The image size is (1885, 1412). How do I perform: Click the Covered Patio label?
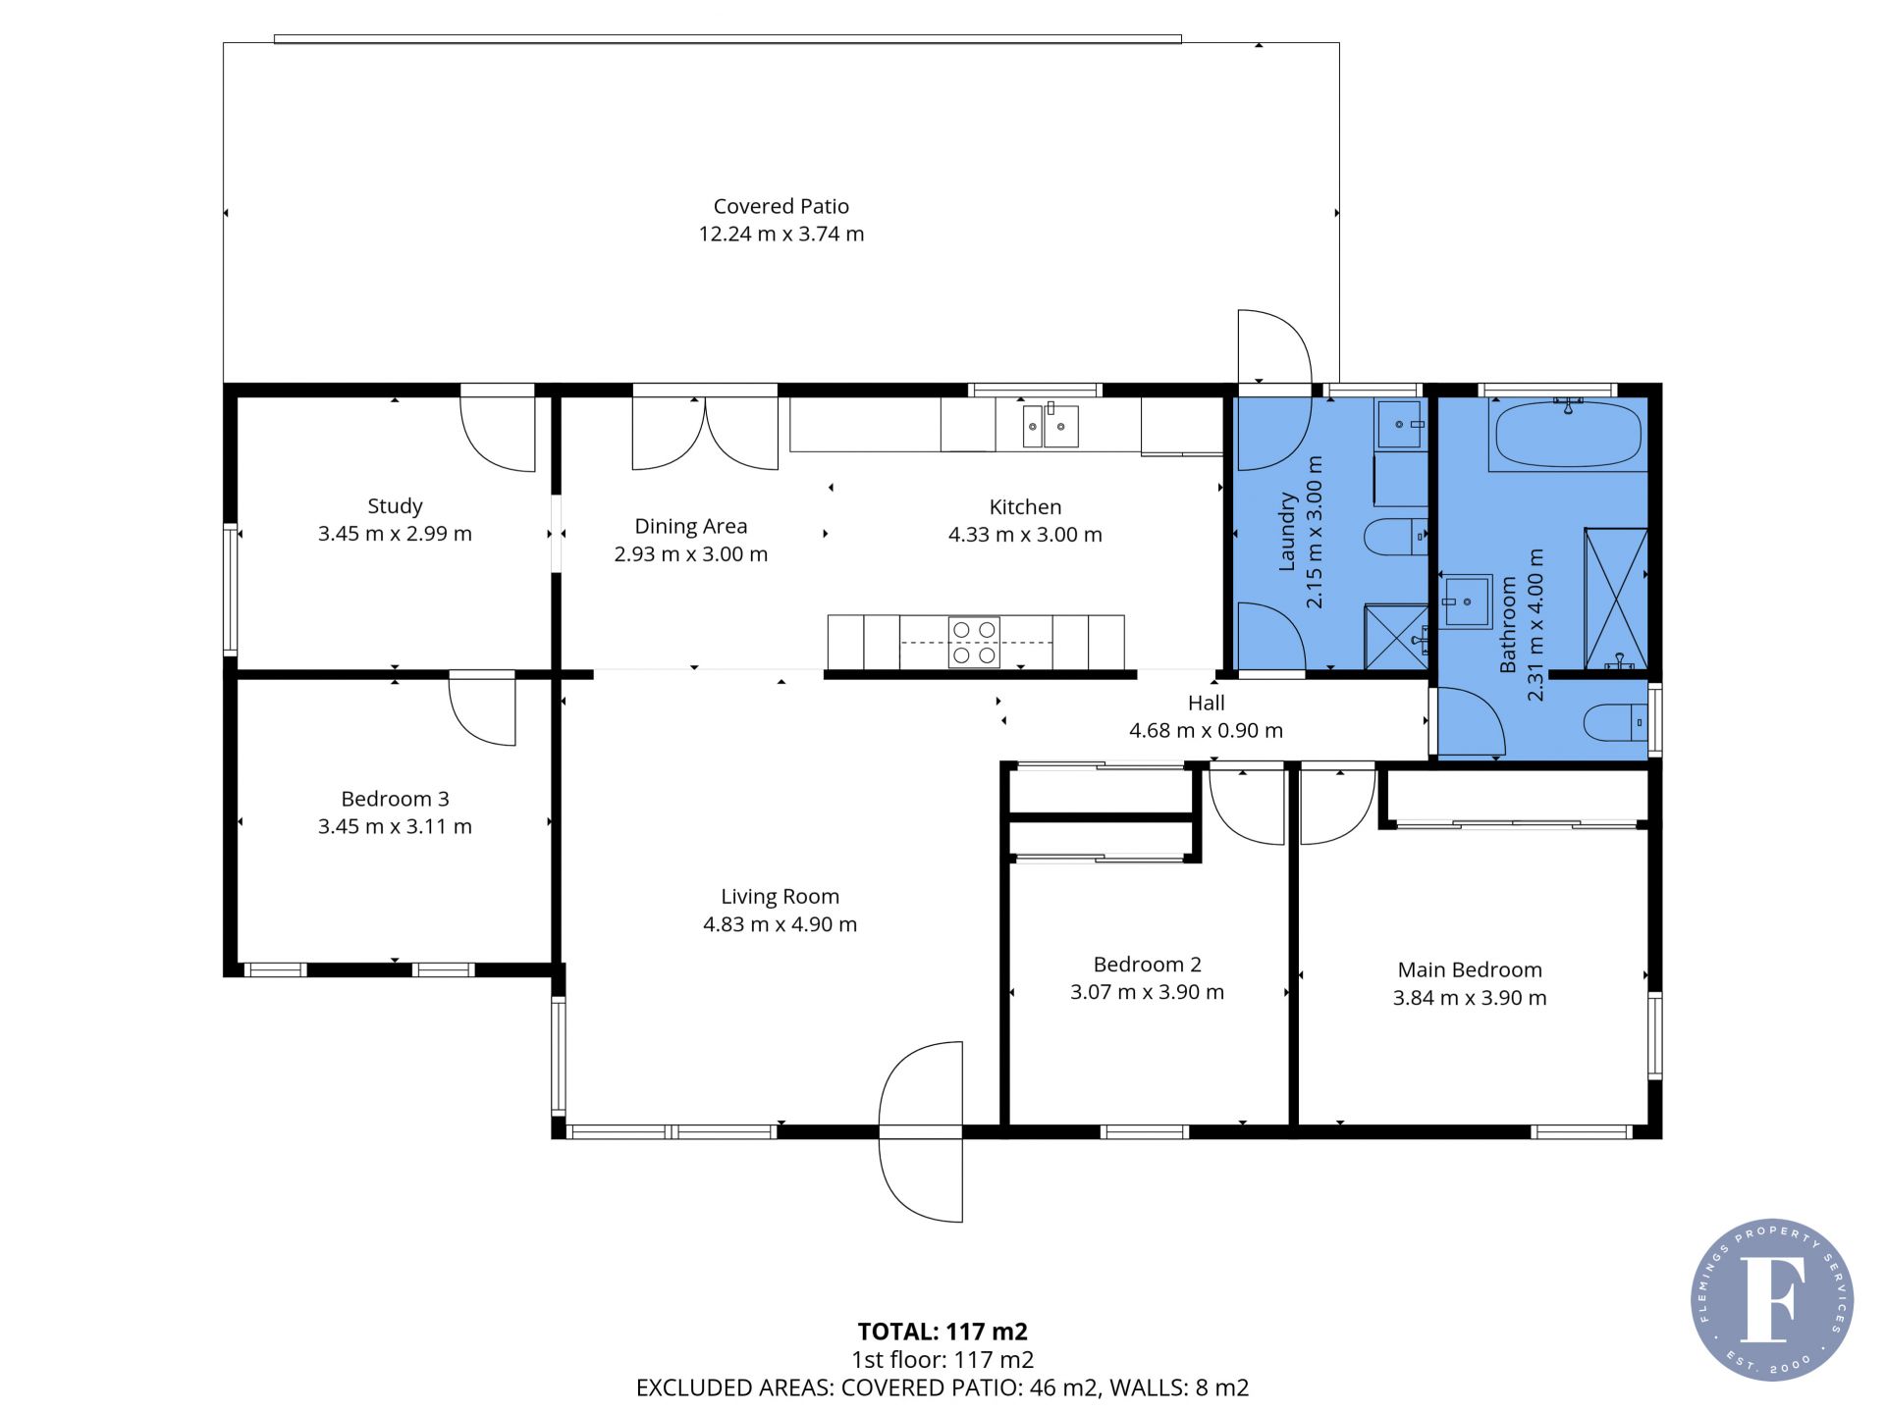(781, 206)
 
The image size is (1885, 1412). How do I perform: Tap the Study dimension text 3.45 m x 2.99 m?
(395, 534)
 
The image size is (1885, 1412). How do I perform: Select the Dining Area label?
(690, 526)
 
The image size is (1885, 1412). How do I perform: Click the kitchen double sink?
(1050, 426)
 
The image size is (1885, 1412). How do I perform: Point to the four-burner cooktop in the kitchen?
(974, 643)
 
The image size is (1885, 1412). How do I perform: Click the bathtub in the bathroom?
(1566, 435)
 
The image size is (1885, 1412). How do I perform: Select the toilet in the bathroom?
(1616, 723)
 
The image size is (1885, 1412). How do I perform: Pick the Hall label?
(1206, 703)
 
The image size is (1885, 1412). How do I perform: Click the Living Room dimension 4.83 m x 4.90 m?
(780, 924)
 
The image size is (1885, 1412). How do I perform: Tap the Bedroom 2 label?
(1147, 965)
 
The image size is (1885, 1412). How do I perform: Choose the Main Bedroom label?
(1470, 969)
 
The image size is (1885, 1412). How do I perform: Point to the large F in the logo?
(1773, 1298)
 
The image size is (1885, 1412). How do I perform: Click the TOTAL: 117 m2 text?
(942, 1332)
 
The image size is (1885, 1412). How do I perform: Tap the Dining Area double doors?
(705, 432)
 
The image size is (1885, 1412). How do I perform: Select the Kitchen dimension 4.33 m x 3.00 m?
(1025, 535)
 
